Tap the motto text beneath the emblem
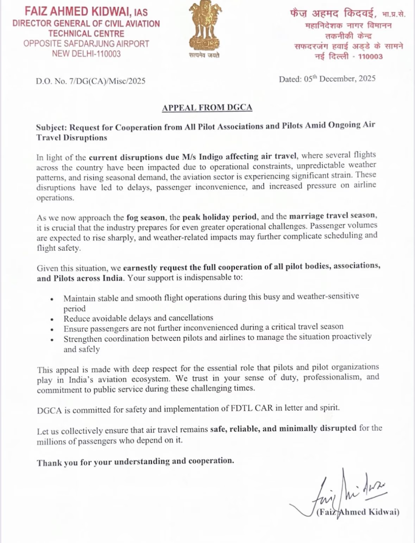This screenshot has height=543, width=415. [204, 55]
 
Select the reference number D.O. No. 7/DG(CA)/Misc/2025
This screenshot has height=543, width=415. [90, 81]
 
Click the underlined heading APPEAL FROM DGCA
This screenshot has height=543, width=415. [207, 107]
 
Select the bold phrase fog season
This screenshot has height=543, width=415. [145, 217]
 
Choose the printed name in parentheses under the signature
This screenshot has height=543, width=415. [358, 512]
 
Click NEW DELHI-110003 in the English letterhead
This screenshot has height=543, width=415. [86, 54]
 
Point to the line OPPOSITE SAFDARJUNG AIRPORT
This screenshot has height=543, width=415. [86, 44]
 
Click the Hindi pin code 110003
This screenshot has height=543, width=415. [370, 57]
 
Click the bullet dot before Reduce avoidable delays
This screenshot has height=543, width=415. [52, 320]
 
